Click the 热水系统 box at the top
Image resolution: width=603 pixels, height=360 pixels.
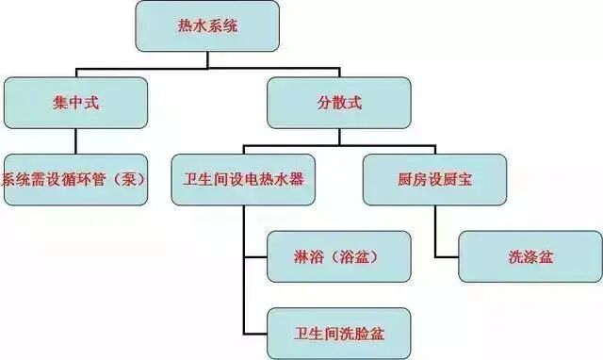(x=207, y=25)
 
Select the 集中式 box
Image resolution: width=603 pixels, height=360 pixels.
(x=75, y=103)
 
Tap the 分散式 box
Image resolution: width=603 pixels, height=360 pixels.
(x=339, y=103)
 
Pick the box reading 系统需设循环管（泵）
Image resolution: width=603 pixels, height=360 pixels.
(x=75, y=179)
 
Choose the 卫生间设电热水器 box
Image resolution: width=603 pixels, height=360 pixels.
(x=243, y=179)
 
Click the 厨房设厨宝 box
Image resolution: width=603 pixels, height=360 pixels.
(x=434, y=179)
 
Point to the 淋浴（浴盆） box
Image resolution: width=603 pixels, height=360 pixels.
(x=339, y=256)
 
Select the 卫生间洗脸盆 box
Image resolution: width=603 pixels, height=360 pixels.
(x=339, y=332)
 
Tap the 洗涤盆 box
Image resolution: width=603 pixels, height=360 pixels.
(x=530, y=256)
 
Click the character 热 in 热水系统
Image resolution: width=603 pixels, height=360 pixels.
(x=186, y=26)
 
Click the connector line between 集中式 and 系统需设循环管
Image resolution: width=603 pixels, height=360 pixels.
(x=75, y=140)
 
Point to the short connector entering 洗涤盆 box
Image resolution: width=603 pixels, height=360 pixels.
(x=447, y=256)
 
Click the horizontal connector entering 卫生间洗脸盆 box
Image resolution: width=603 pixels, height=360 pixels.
(x=255, y=332)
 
